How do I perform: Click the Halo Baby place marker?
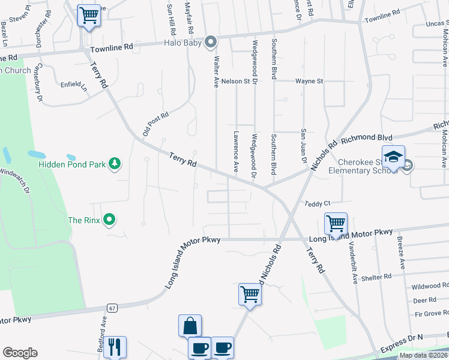(x=211, y=42)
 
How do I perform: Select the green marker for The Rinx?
(x=109, y=220)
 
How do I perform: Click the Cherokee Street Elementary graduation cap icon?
(x=393, y=157)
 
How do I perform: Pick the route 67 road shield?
(x=112, y=308)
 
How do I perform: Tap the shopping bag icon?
(x=190, y=326)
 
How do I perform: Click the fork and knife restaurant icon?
(x=115, y=347)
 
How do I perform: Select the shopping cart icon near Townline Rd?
(x=89, y=15)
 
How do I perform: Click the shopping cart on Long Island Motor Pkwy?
(x=336, y=224)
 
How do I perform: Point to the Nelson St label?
(x=235, y=81)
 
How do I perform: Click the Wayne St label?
(x=309, y=81)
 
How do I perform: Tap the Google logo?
(x=20, y=353)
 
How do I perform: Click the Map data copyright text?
(x=422, y=356)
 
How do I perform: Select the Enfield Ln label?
(x=73, y=85)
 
